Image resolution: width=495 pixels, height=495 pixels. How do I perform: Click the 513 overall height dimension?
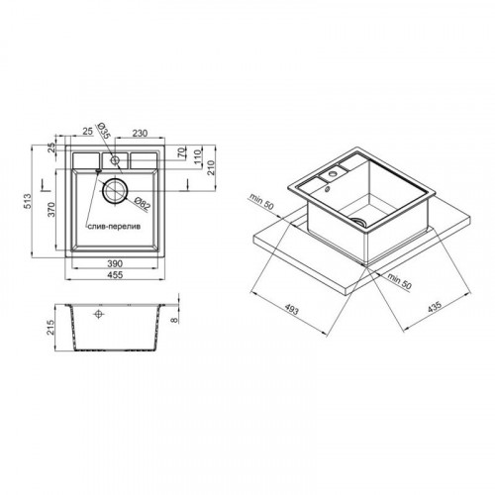[x=28, y=201]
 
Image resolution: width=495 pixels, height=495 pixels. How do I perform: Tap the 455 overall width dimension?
[x=115, y=274]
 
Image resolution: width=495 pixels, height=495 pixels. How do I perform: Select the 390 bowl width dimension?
[x=115, y=263]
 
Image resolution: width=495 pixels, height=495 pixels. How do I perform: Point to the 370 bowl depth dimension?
[x=51, y=209]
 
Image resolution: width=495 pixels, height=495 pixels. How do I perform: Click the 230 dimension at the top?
[x=140, y=133]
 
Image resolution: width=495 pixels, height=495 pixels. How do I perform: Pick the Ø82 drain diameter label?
[x=143, y=203]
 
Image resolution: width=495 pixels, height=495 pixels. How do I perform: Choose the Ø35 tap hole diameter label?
[x=103, y=131]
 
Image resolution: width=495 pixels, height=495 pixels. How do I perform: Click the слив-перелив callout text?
[x=114, y=227]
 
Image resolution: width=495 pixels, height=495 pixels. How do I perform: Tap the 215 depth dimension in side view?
[x=50, y=327]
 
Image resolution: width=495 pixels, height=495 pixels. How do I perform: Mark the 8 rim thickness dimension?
[x=174, y=320]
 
